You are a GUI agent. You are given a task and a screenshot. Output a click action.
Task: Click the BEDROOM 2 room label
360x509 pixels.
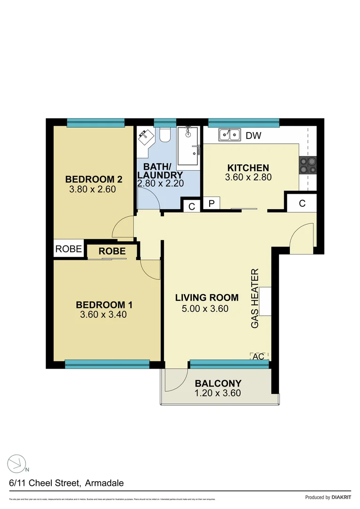pos(94,179)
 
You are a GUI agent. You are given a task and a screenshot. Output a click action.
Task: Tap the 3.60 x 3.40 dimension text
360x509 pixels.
pos(103,315)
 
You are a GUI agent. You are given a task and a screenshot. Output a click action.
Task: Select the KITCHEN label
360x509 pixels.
pos(248,168)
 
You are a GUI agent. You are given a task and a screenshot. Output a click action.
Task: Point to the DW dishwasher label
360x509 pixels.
pos(254,136)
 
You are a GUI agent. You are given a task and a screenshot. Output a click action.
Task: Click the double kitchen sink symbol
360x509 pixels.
pos(229,135)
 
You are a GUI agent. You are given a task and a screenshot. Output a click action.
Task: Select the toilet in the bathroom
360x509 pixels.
pos(164,135)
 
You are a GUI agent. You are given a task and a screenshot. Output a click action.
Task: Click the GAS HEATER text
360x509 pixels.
pos(255,298)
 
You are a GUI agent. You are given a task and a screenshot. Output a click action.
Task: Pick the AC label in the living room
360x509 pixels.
pos(258,357)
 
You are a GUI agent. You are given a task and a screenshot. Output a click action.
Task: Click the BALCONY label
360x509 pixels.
pos(218,384)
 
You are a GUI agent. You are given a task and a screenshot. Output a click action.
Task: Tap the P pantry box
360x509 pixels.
pos(211,204)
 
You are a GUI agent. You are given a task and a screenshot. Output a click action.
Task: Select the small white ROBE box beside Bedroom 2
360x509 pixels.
pos(69,249)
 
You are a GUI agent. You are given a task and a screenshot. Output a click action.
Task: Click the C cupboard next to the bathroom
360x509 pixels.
pos(191,206)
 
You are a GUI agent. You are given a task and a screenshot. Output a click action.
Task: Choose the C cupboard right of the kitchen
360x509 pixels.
pos(302,204)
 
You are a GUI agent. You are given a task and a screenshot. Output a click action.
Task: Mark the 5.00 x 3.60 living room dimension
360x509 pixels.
pos(205,309)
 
